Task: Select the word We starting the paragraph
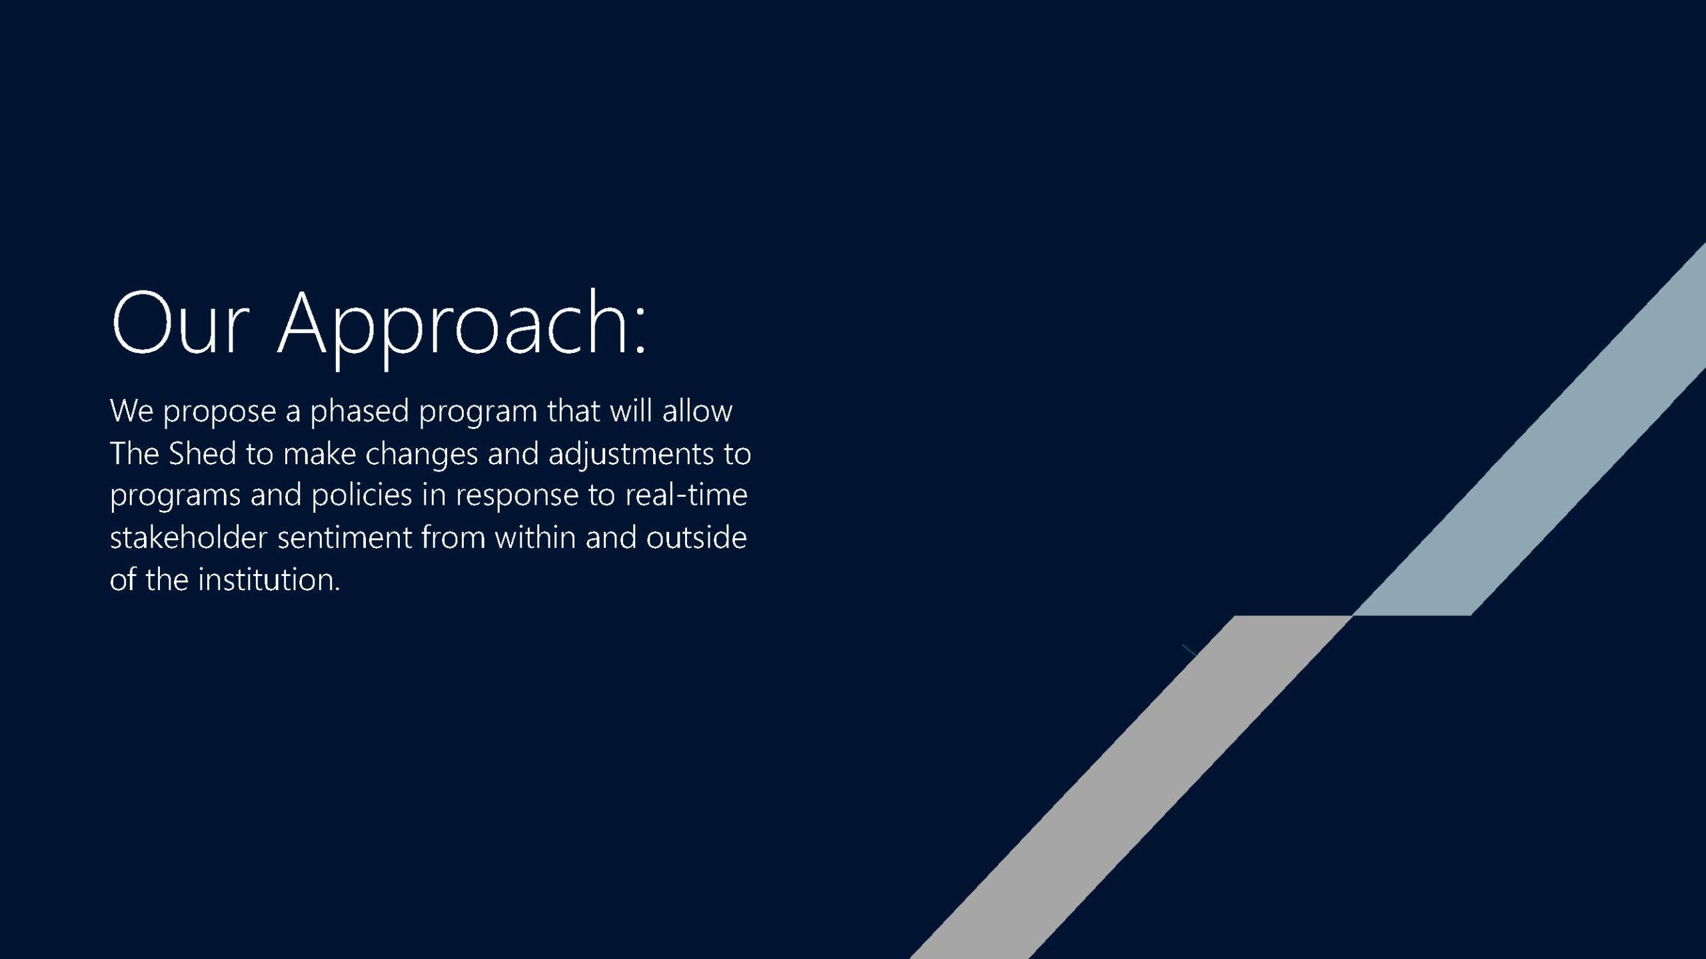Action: coord(132,410)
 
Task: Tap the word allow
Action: coord(697,410)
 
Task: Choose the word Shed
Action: coord(203,453)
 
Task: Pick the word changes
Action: coord(422,455)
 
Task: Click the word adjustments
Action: coord(631,455)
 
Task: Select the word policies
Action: coord(362,495)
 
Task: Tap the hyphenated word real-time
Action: coord(686,495)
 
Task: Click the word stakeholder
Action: coord(189,537)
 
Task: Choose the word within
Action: coord(534,537)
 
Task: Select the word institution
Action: coord(269,579)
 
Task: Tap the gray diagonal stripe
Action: coord(1133,786)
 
